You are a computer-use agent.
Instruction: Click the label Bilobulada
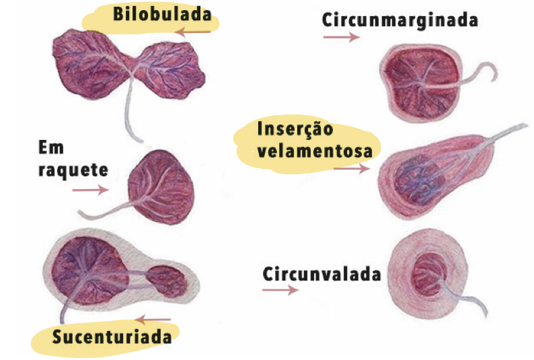(162, 14)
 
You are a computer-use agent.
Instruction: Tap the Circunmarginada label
(399, 20)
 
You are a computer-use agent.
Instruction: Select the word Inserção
(295, 129)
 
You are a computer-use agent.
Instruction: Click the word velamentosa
(314, 151)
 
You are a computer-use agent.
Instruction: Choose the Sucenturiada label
(112, 336)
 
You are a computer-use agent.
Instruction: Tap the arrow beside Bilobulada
(196, 32)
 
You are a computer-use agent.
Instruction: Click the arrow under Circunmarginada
(341, 38)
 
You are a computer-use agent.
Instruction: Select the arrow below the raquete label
(90, 190)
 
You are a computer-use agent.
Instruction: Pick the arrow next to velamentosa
(351, 170)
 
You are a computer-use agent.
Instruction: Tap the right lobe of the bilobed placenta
(171, 68)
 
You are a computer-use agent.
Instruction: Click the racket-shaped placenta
(161, 185)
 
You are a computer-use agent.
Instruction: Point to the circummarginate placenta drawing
(421, 83)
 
